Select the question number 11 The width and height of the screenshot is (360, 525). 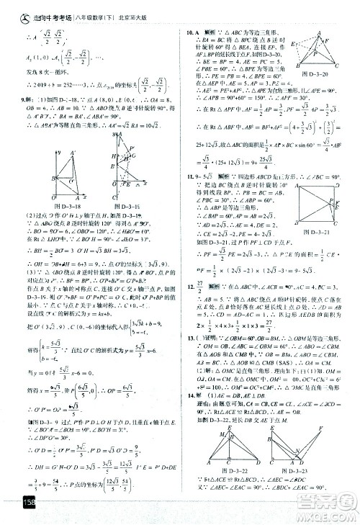(x=191, y=176)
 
